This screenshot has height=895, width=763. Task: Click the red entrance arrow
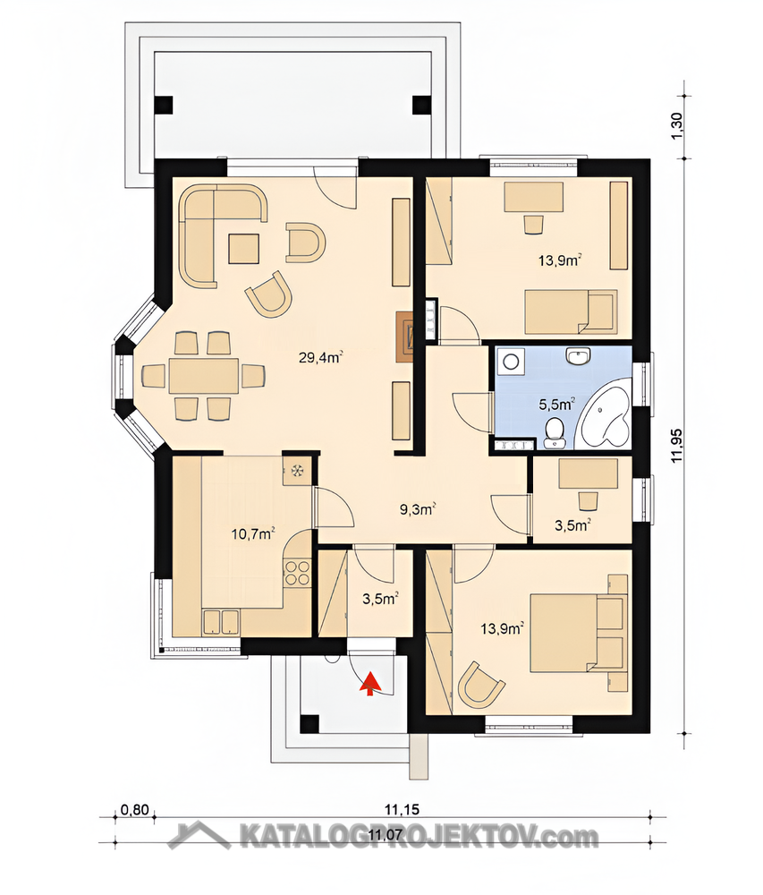[370, 684]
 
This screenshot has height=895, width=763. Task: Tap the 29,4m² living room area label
[320, 358]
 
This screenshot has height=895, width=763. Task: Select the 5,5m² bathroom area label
[556, 405]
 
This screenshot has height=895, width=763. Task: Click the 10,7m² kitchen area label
[253, 534]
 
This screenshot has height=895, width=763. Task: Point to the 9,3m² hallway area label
[418, 509]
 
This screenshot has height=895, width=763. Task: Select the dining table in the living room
[204, 377]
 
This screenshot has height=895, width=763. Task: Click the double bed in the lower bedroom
[579, 631]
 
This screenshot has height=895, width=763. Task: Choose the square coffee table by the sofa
[244, 249]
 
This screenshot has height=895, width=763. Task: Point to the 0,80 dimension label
[135, 810]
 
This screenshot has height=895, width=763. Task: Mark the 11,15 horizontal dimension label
[402, 809]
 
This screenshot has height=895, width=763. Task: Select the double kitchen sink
[221, 622]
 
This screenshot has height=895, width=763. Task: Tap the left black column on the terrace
[163, 105]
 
